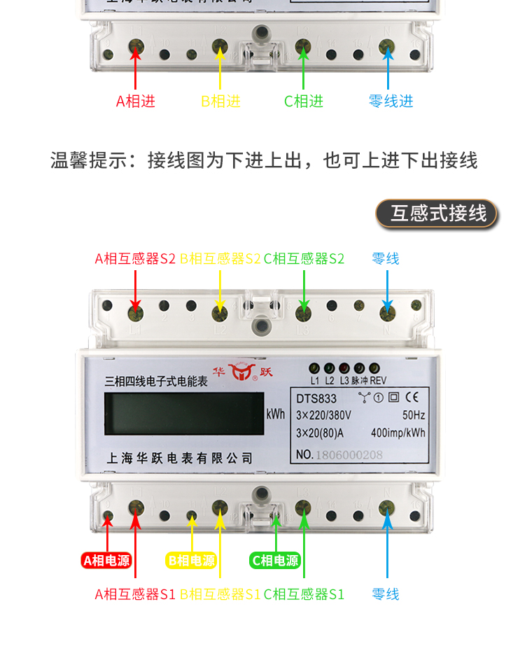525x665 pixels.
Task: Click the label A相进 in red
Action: tap(136, 101)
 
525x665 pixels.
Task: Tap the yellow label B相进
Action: tap(220, 101)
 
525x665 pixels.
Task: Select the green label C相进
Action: tap(304, 101)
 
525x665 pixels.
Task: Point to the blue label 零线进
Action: tap(391, 101)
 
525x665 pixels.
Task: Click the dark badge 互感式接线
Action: tap(437, 213)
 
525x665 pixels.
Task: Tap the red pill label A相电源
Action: tap(106, 560)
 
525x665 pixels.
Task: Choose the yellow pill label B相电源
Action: tap(190, 560)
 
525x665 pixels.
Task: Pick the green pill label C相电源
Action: tap(274, 560)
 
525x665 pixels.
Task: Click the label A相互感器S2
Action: tap(135, 258)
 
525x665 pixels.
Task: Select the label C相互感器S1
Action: tap(304, 594)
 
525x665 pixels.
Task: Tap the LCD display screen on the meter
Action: tap(183, 414)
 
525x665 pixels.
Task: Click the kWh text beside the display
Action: tap(275, 414)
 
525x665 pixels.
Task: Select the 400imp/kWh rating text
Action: tap(398, 433)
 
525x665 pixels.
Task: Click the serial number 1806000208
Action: tap(349, 454)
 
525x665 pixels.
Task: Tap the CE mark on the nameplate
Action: tap(412, 398)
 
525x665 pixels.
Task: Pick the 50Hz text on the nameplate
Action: tap(414, 415)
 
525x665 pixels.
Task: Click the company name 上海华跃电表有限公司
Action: tap(178, 458)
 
